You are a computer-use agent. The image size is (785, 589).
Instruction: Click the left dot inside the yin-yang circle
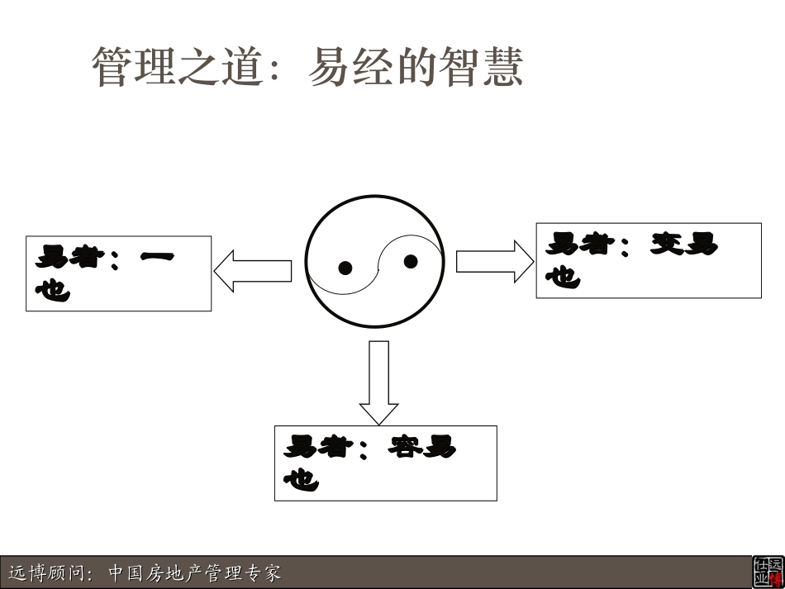(x=345, y=268)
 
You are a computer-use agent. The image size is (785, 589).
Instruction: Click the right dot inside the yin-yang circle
(x=411, y=262)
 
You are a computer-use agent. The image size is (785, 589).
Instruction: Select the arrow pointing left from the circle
(x=253, y=270)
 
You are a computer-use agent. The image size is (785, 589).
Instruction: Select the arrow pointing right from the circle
(x=495, y=261)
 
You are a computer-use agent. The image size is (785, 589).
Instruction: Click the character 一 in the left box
(x=157, y=258)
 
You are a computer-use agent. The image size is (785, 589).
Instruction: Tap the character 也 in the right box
(x=563, y=277)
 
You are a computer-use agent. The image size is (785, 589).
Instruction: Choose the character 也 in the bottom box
(x=301, y=479)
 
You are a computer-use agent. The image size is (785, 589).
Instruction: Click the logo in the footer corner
(x=767, y=572)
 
